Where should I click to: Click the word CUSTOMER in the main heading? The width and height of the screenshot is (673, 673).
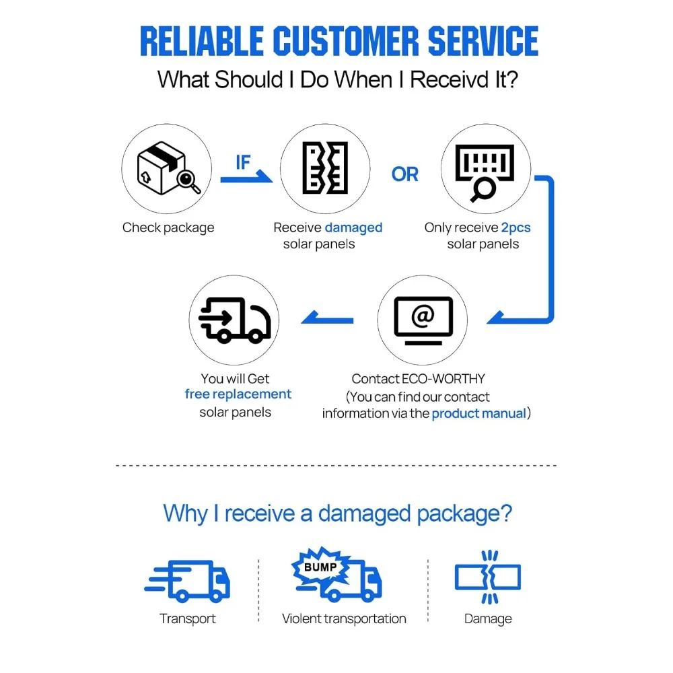pos(345,41)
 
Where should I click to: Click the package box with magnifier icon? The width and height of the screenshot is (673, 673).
pos(168,168)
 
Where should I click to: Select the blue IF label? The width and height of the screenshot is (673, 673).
pos(243,162)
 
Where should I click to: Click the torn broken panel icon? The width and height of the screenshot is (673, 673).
pos(325,168)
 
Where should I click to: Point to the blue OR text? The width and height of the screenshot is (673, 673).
pos(404,174)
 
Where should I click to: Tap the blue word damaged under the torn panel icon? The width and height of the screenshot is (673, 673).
pos(354,228)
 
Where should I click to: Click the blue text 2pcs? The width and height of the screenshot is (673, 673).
pos(516,228)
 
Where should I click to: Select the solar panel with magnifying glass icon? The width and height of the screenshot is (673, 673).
pos(485,172)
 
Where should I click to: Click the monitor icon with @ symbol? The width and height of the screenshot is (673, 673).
pos(423,320)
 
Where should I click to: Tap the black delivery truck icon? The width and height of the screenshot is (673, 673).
pos(235,320)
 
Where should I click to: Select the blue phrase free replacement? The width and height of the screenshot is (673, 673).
pos(238,394)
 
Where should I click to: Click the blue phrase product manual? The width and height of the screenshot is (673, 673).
pos(479,414)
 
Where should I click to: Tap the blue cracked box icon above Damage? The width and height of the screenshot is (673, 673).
pos(488,577)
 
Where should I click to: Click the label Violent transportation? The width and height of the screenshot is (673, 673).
pos(344,618)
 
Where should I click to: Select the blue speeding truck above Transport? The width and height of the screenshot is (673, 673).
pos(188,580)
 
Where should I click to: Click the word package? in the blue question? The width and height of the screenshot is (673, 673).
pos(464,514)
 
